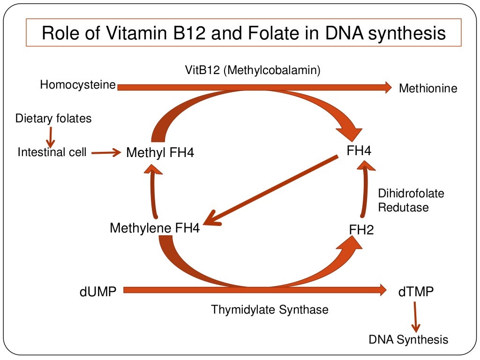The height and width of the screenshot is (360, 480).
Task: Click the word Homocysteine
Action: (78, 85)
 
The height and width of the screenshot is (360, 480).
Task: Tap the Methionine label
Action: (427, 88)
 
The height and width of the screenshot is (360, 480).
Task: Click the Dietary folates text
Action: (53, 118)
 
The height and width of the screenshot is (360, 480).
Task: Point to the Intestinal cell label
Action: (52, 152)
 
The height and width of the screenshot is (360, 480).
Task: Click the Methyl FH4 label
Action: (160, 153)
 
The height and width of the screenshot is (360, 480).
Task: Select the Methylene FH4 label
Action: (155, 228)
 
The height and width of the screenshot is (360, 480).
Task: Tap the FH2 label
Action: (361, 230)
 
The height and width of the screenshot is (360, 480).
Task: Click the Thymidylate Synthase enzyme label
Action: (270, 309)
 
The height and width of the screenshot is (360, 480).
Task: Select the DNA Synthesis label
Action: (408, 339)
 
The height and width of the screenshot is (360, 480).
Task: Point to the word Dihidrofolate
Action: (411, 193)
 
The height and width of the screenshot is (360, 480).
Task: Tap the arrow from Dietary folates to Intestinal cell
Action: (50, 136)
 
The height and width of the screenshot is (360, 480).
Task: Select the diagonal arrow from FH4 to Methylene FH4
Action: (272, 190)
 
